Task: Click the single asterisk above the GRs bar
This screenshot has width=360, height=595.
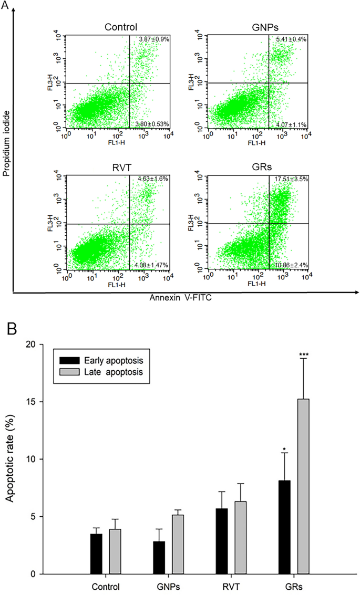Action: coord(284,450)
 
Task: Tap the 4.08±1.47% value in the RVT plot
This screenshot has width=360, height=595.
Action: coord(151,266)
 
